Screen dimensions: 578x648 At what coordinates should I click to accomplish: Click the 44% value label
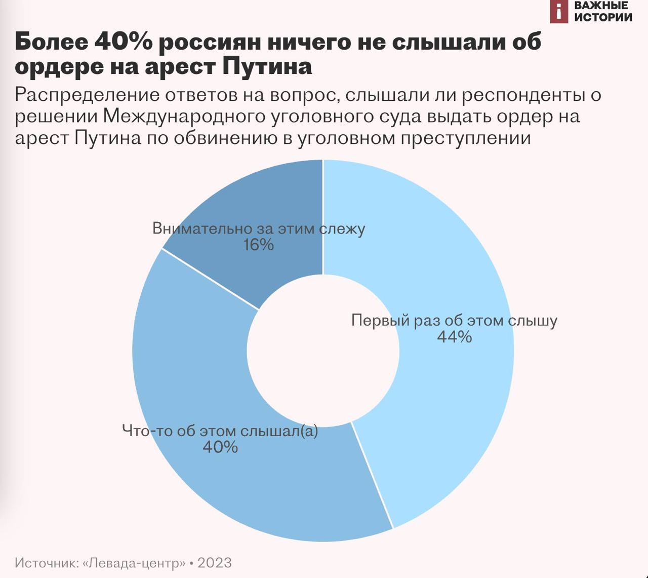[x=454, y=337]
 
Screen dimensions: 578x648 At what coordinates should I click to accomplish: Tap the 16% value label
[x=258, y=245]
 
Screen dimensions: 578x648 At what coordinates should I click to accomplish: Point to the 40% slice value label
[x=220, y=447]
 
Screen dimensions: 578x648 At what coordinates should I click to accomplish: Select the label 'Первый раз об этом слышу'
[x=454, y=321]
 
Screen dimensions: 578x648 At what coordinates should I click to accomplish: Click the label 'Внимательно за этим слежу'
[x=258, y=228]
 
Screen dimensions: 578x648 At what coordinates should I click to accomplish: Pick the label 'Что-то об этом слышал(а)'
[x=220, y=431]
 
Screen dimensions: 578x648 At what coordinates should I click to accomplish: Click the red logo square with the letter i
[x=559, y=11]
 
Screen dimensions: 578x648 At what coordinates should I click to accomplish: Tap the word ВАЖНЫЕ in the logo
[x=601, y=6]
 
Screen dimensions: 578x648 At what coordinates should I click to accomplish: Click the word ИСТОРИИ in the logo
[x=603, y=17]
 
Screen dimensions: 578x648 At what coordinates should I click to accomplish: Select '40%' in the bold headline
[x=123, y=42]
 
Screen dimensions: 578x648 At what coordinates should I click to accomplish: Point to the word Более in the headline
[x=51, y=42]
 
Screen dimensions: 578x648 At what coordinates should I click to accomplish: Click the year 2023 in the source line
[x=214, y=563]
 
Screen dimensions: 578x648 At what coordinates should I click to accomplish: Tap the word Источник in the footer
[x=45, y=563]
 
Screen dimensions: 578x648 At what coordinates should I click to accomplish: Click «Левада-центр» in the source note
[x=134, y=563]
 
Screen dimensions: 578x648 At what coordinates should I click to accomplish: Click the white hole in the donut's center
[x=323, y=351]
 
